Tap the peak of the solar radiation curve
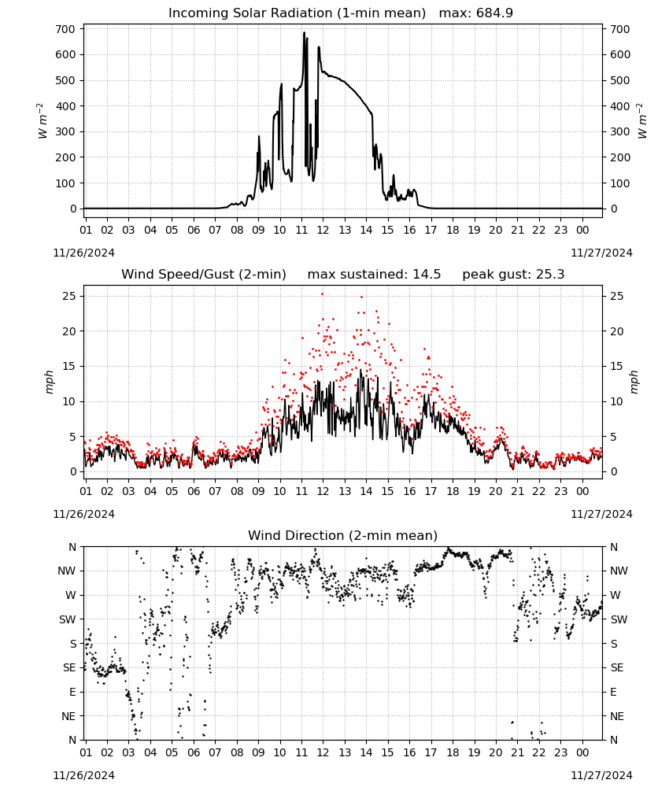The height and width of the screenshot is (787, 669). coord(304,32)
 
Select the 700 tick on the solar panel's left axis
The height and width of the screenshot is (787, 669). coord(65,29)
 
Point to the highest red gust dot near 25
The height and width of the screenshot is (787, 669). coord(322,294)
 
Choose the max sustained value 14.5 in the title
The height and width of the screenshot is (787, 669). coord(427,275)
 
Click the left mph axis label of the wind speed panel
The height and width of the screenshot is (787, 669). coord(49,382)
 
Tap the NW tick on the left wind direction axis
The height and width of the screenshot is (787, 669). coord(67,571)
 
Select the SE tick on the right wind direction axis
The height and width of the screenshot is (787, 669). coord(617,667)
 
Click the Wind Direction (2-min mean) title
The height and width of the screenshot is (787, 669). coord(343,535)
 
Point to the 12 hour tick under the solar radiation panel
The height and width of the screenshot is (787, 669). coord(323,230)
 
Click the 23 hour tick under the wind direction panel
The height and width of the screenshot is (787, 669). coord(560,752)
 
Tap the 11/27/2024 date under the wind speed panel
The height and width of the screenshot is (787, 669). coord(601,514)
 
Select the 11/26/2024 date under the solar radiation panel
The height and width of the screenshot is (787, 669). coord(83,253)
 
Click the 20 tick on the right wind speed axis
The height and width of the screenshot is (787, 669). coord(617,331)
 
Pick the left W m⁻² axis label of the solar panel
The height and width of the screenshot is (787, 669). coord(43,120)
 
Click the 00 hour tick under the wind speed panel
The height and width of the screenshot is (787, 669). coord(582,491)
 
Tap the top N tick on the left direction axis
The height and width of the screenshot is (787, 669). coord(72,547)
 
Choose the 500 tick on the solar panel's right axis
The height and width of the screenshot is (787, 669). coord(620,80)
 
